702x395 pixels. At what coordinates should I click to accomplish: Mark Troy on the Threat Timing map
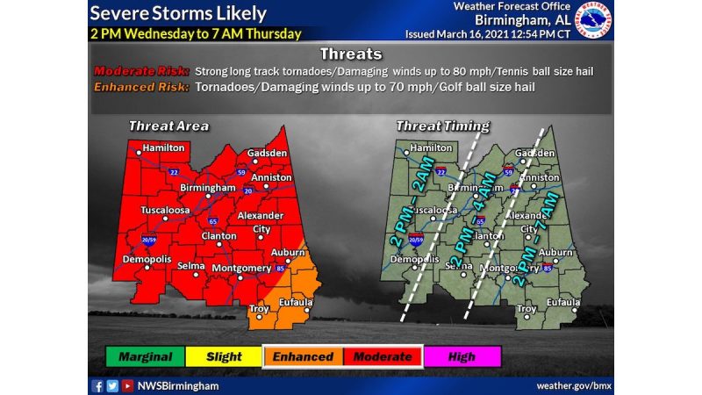click(526, 309)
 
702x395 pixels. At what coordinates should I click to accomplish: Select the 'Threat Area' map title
click(168, 126)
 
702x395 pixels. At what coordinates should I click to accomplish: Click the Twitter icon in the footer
click(111, 385)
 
